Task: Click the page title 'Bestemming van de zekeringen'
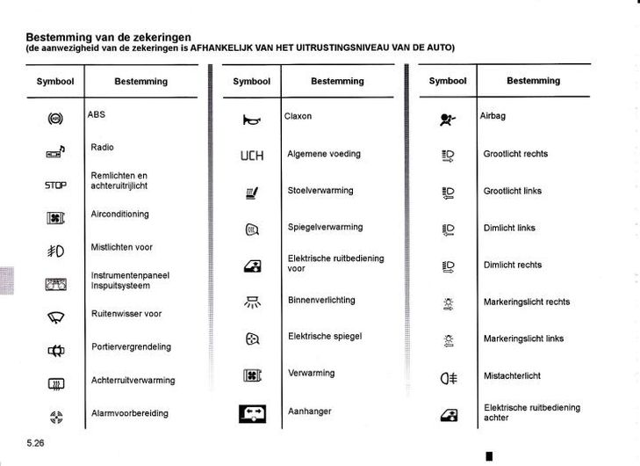[109, 37]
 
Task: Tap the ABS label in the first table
[97, 114]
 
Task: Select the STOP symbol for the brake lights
[55, 186]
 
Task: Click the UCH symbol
[252, 156]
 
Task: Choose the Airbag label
[493, 116]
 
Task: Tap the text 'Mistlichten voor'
[121, 247]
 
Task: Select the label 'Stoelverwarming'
[320, 190]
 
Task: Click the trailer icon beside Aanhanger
[252, 412]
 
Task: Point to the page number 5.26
[35, 443]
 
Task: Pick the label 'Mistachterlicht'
[512, 375]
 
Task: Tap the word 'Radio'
[103, 148]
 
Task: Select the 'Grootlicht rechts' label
[515, 154]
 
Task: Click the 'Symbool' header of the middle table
[252, 81]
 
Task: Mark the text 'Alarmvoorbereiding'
[130, 413]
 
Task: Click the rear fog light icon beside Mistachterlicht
[449, 379]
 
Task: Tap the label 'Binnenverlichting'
[321, 300]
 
